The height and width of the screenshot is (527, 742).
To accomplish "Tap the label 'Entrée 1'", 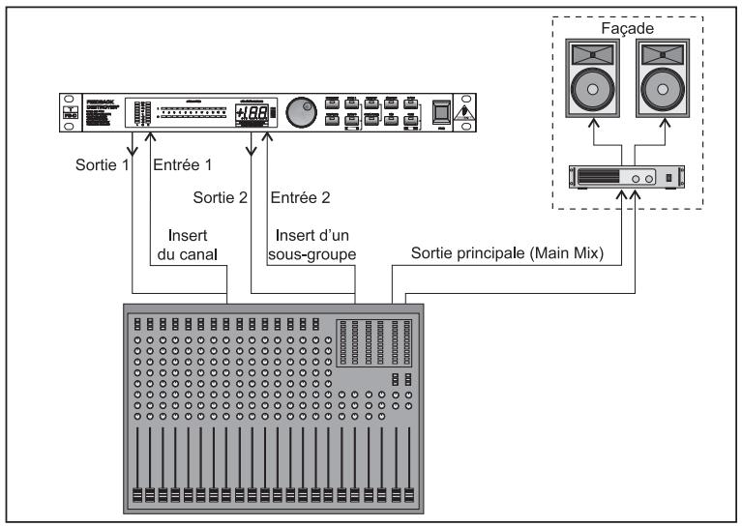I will (x=182, y=164).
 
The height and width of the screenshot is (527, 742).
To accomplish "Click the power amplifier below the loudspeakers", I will (x=625, y=178).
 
